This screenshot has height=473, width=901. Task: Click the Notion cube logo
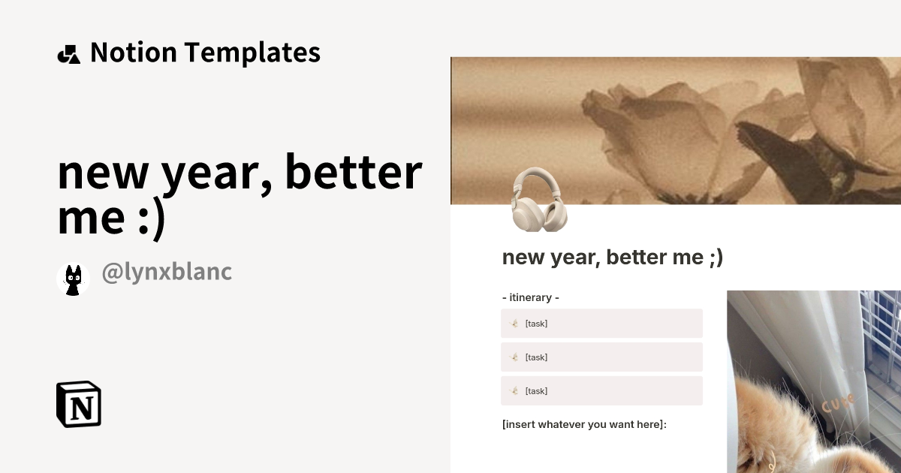(x=79, y=404)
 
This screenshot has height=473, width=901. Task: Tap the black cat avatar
(x=74, y=279)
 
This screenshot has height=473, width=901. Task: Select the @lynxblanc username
(x=167, y=273)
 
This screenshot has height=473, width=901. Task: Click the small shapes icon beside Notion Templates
(x=68, y=54)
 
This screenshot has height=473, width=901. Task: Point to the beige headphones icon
(x=539, y=200)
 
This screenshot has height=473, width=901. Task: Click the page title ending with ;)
(x=612, y=258)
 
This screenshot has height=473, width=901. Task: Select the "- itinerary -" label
(x=530, y=297)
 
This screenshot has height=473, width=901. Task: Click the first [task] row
(x=601, y=324)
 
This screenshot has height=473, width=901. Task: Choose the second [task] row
(x=601, y=357)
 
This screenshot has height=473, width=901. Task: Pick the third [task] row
(x=601, y=391)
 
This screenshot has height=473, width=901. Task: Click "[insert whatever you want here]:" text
(x=584, y=425)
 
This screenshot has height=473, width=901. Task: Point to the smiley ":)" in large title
(x=147, y=218)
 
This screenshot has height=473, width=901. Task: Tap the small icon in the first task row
(x=514, y=324)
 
